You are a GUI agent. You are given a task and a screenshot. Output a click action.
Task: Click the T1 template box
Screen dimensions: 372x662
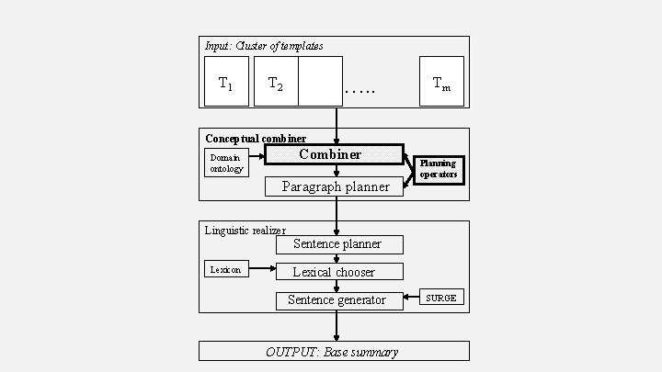tap(225, 82)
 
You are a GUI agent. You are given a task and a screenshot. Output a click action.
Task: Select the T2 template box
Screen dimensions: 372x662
tap(276, 82)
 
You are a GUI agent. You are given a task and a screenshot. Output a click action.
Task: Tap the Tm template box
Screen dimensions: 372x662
tap(441, 82)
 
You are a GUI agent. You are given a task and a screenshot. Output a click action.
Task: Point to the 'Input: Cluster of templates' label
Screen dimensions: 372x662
tap(264, 45)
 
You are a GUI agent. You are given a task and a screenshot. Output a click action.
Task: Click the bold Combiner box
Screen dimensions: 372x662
tap(334, 154)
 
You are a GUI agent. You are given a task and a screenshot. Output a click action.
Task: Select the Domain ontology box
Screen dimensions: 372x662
tap(226, 163)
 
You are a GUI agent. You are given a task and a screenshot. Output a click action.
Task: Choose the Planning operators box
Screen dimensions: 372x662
tap(438, 168)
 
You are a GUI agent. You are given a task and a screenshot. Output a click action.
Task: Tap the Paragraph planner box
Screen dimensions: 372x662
tap(334, 186)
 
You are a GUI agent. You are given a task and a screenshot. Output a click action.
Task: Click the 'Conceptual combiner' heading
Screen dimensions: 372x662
tap(256, 139)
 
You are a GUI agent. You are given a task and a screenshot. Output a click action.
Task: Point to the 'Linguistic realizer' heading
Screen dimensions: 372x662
tap(245, 231)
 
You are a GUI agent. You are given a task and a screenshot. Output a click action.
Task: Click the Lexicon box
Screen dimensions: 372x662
tap(225, 269)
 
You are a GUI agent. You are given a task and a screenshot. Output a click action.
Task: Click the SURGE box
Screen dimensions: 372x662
tap(440, 297)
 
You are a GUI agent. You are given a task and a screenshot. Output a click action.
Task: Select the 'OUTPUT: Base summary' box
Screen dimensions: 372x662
tap(334, 351)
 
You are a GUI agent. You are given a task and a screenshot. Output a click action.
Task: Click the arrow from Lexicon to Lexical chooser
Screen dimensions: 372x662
tap(262, 269)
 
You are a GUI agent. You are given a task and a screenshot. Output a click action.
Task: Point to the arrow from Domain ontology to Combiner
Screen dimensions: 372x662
tap(257, 155)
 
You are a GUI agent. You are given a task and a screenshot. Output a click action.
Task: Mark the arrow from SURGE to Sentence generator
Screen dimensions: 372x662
tap(412, 299)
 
